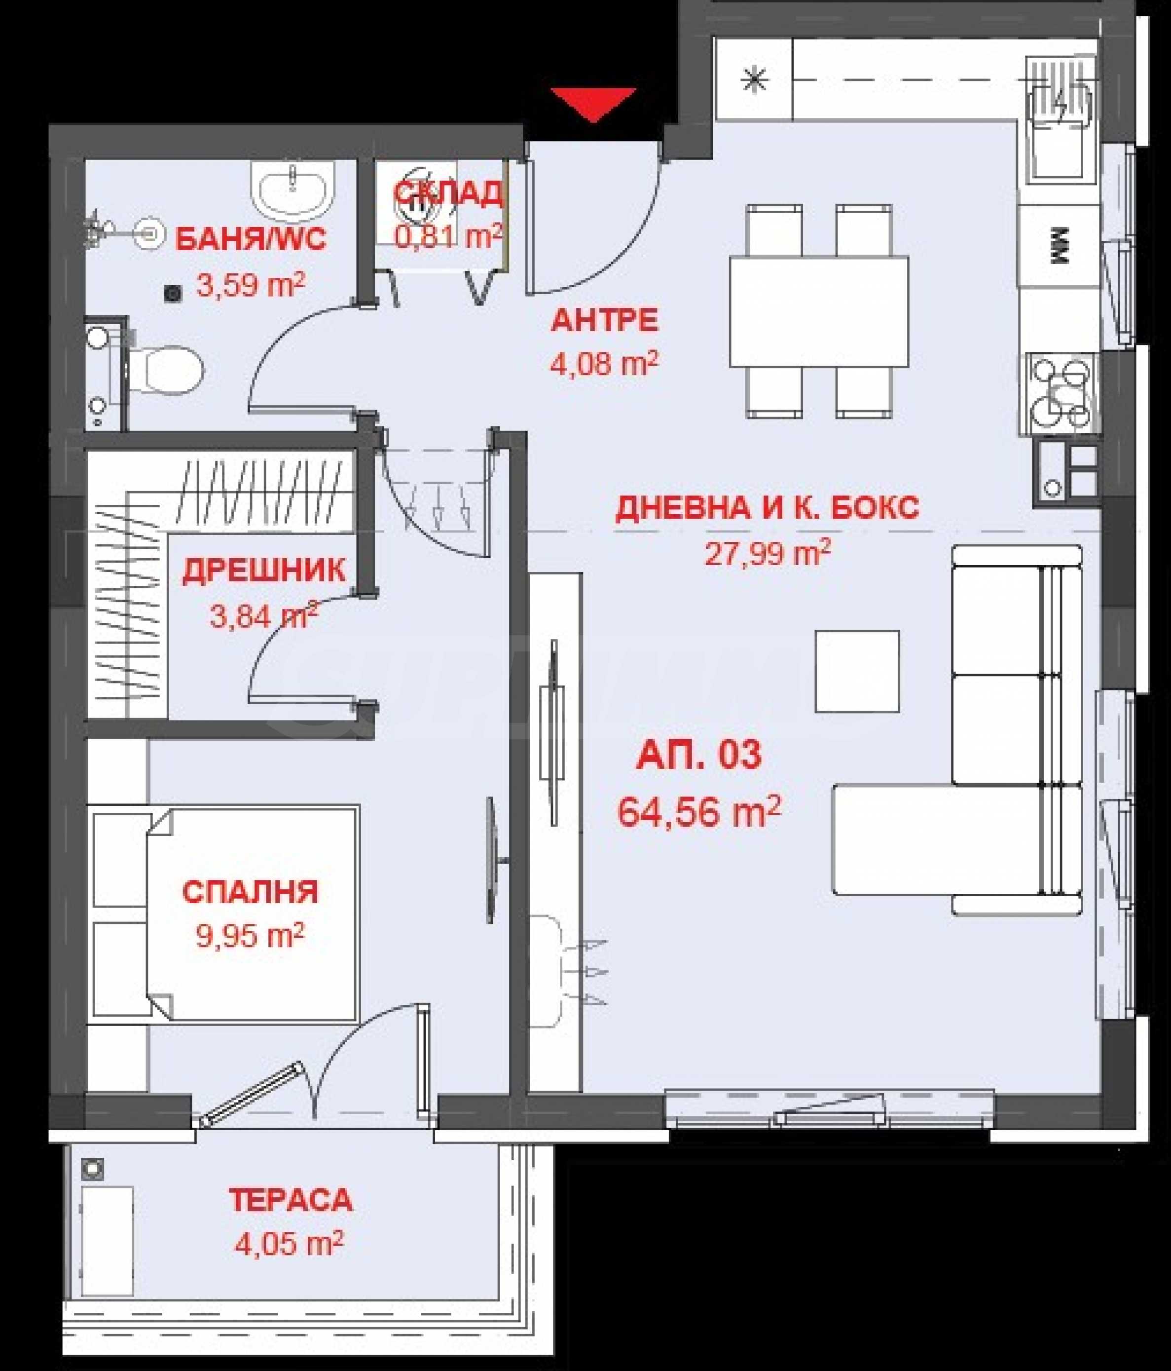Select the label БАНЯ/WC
pos(251,239)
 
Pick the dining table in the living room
pos(819,311)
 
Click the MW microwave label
pos(1059,246)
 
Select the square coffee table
pos(857,671)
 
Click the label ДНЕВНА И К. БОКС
pos(767,508)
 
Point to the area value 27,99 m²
pos(767,553)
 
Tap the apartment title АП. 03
pos(699,755)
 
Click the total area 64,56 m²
pos(699,811)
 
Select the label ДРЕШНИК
pos(263,571)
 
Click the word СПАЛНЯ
pos(250,892)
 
